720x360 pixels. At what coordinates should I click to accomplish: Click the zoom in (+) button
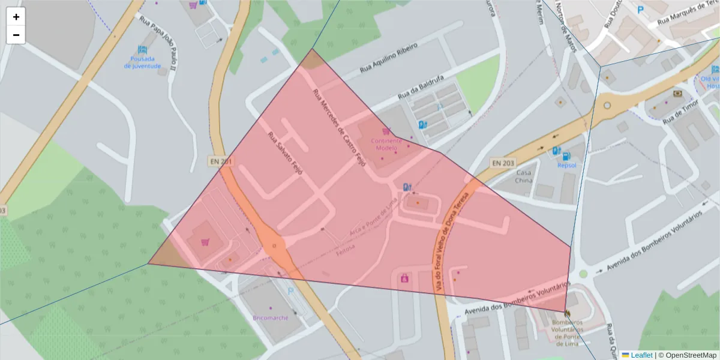16,17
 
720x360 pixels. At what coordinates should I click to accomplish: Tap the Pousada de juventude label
142,62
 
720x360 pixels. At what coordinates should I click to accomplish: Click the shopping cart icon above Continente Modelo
386,131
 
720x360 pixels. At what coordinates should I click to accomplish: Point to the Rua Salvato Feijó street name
285,154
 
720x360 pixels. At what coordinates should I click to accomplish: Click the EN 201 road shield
220,161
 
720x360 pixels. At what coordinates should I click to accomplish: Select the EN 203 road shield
503,163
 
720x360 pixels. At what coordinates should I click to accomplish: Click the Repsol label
566,165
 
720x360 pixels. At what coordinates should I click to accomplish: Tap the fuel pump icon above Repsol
557,151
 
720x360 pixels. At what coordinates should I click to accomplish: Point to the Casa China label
524,176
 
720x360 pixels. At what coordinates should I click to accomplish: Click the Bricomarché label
271,317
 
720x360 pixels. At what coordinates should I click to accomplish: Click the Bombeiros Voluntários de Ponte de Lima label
567,333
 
